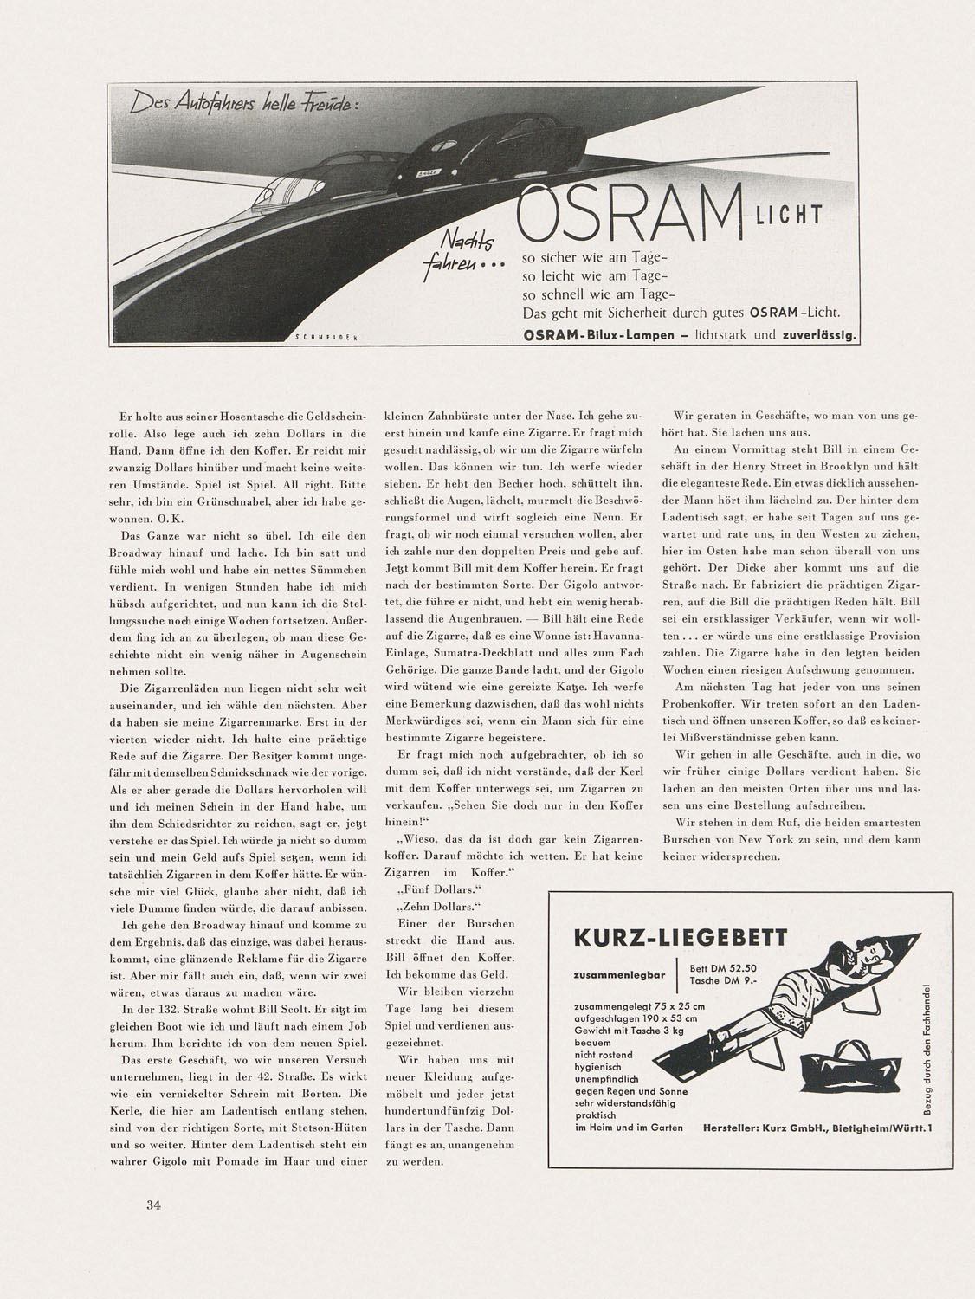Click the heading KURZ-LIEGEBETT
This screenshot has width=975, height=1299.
(x=680, y=937)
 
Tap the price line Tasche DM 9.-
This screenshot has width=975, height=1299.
(x=722, y=982)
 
